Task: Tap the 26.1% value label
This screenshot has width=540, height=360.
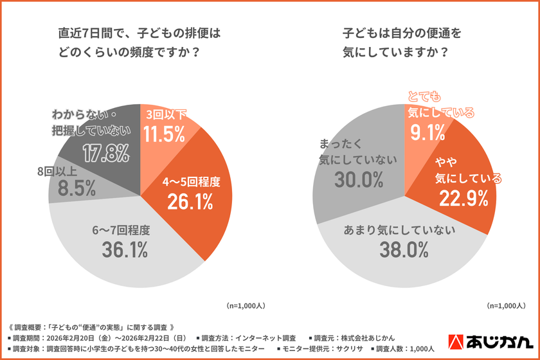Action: coord(190,201)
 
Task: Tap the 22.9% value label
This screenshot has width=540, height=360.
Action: coord(461,199)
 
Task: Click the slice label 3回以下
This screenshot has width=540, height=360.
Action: coord(166,114)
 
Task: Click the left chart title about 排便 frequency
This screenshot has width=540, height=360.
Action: coord(139,42)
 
